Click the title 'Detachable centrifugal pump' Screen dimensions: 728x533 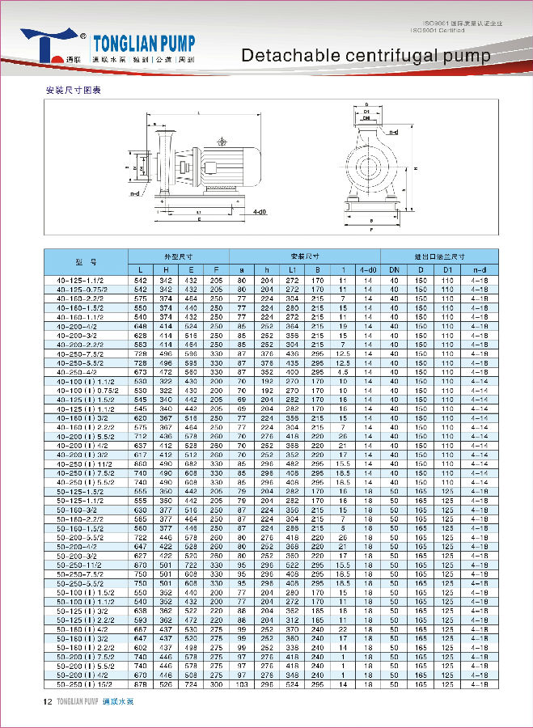point(366,55)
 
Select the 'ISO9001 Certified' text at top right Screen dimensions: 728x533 point(439,32)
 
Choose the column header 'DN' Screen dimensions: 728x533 point(394,269)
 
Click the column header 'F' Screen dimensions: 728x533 point(216,269)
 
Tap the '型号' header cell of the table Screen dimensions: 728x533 point(86,262)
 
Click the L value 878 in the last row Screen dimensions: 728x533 point(141,684)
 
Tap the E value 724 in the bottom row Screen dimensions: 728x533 point(191,684)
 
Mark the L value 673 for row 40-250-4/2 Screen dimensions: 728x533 point(141,371)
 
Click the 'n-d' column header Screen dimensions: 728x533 point(480,269)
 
